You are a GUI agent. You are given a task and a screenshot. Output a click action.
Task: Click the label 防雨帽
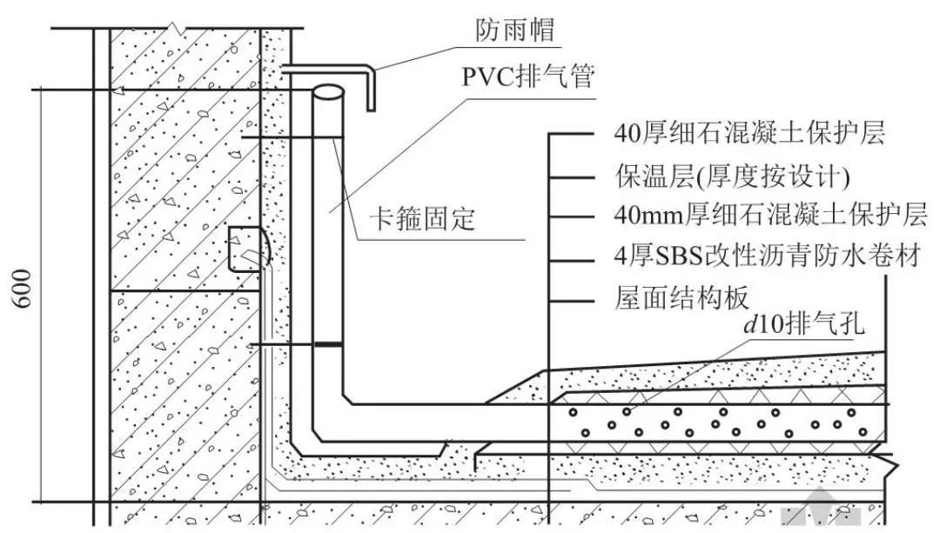click(514, 30)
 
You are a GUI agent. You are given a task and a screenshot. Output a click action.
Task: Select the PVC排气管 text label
click(527, 78)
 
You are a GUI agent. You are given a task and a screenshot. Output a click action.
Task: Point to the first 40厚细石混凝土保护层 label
click(749, 134)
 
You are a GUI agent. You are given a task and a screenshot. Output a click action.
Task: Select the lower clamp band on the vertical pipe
click(327, 345)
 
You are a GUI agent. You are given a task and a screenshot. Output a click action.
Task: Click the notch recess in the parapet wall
click(245, 248)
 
